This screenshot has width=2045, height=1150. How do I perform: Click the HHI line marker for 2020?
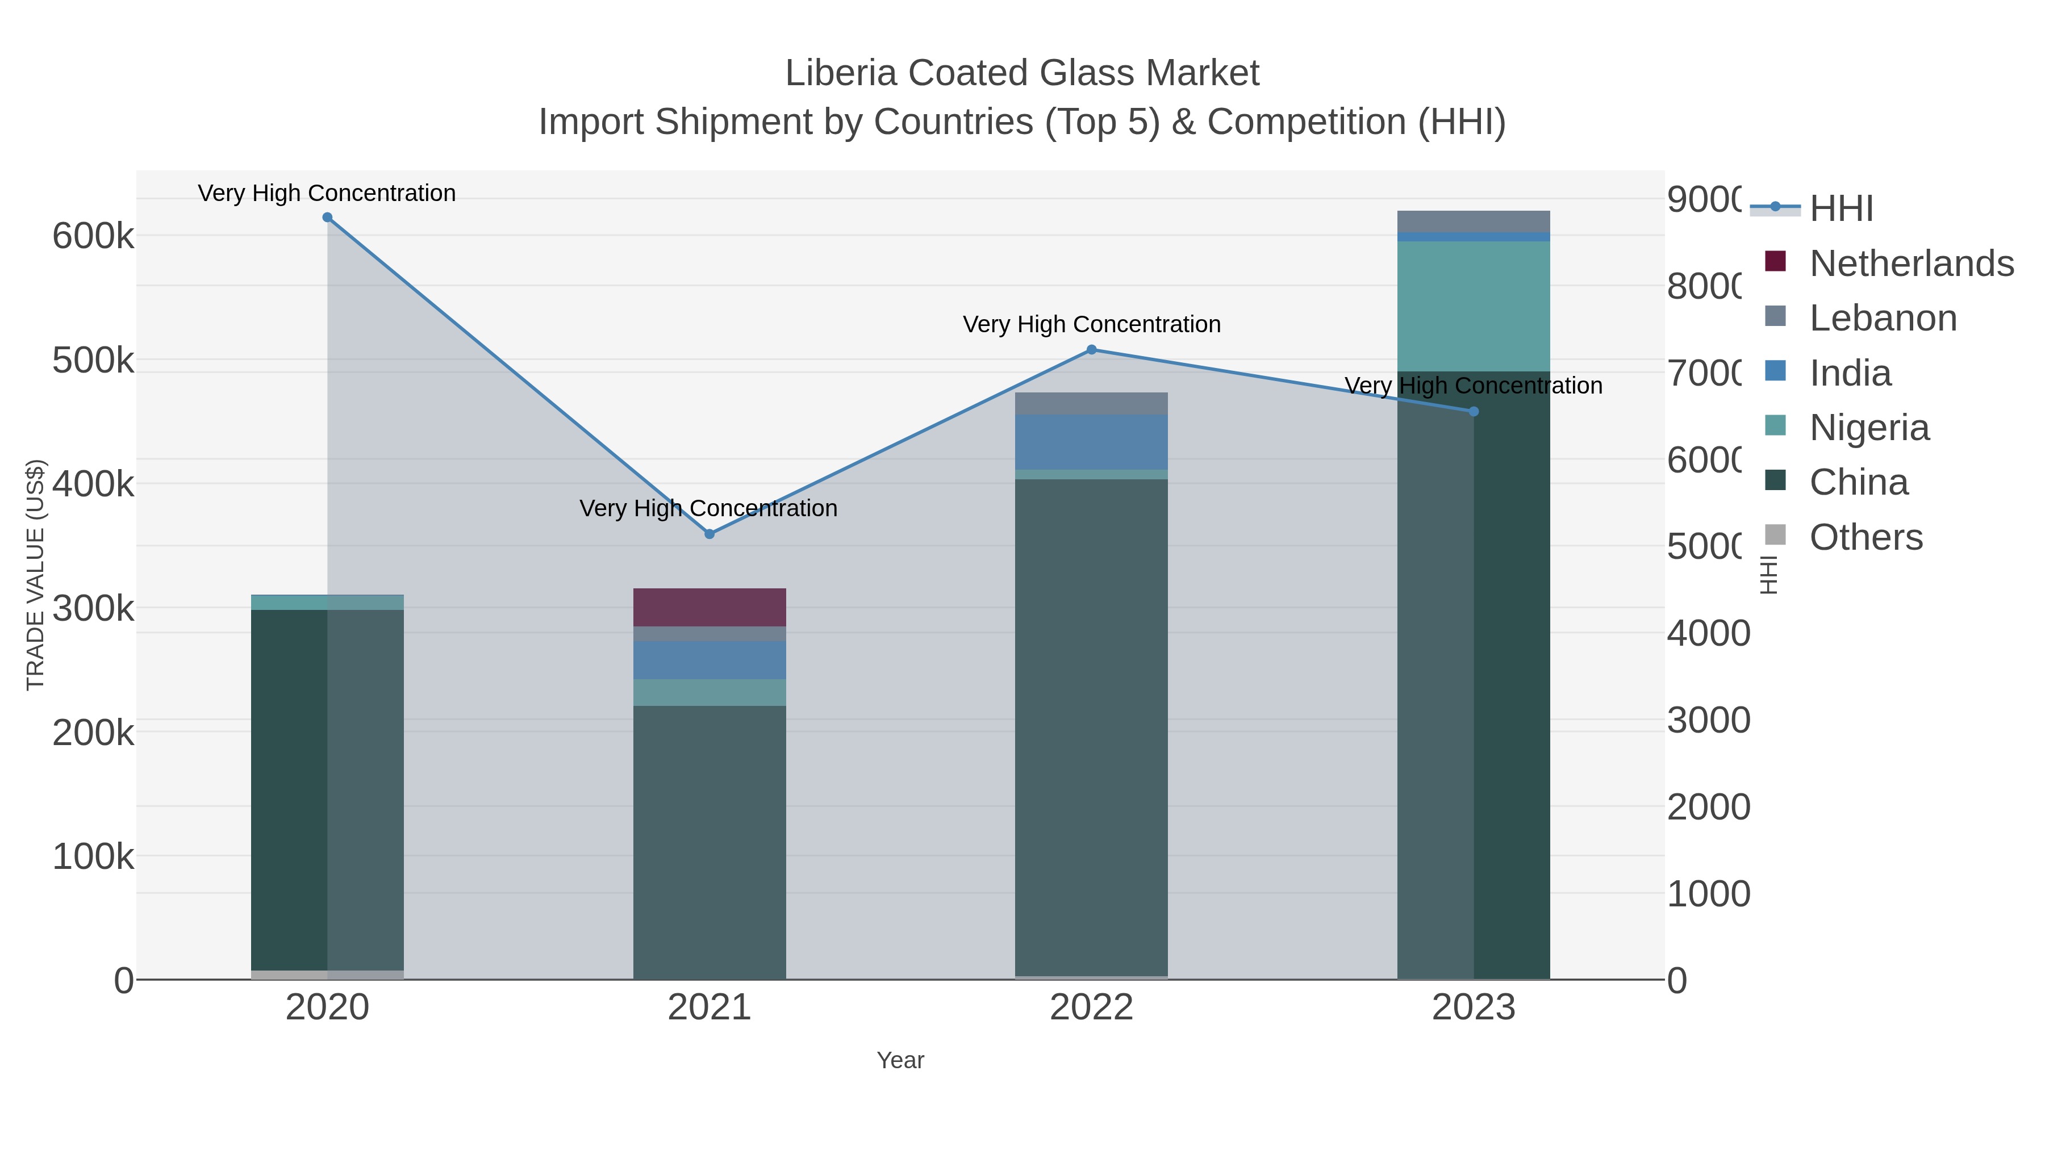(x=327, y=218)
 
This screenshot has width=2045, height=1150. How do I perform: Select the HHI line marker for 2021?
(x=710, y=534)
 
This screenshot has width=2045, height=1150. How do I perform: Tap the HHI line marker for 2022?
(x=1092, y=349)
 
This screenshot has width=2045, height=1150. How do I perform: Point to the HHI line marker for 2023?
(x=1474, y=411)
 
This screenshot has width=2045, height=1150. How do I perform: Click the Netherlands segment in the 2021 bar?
(x=710, y=607)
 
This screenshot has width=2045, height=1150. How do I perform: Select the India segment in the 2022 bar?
(x=1092, y=442)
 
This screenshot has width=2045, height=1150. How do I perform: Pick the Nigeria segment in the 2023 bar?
(x=1474, y=306)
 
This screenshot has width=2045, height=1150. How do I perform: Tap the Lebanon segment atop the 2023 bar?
(x=1474, y=221)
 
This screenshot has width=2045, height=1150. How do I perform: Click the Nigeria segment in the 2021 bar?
(x=710, y=692)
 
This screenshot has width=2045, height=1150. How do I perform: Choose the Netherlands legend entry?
(x=1912, y=263)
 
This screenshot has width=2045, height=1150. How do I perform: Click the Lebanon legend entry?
(x=1883, y=317)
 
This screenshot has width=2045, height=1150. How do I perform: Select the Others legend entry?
(x=1865, y=537)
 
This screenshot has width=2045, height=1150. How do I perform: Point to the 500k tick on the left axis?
(x=93, y=360)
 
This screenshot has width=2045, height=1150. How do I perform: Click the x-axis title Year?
(x=900, y=1060)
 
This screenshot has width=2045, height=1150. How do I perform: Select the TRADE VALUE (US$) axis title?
(x=36, y=575)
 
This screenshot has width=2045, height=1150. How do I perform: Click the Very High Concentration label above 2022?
(x=1092, y=325)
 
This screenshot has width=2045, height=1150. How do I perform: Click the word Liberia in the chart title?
(x=841, y=73)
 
